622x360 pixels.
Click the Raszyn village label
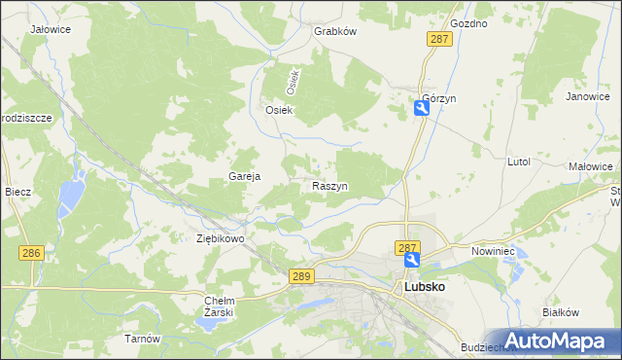pos(330,186)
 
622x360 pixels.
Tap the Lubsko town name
pos(425,289)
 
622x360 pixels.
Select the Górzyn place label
pos(439,99)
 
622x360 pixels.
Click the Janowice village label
pos(587,97)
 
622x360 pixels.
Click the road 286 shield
pos(31,253)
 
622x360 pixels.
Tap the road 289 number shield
pos(301,277)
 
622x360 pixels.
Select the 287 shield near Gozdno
pos(439,38)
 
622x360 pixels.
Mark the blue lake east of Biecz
pos(70,198)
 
